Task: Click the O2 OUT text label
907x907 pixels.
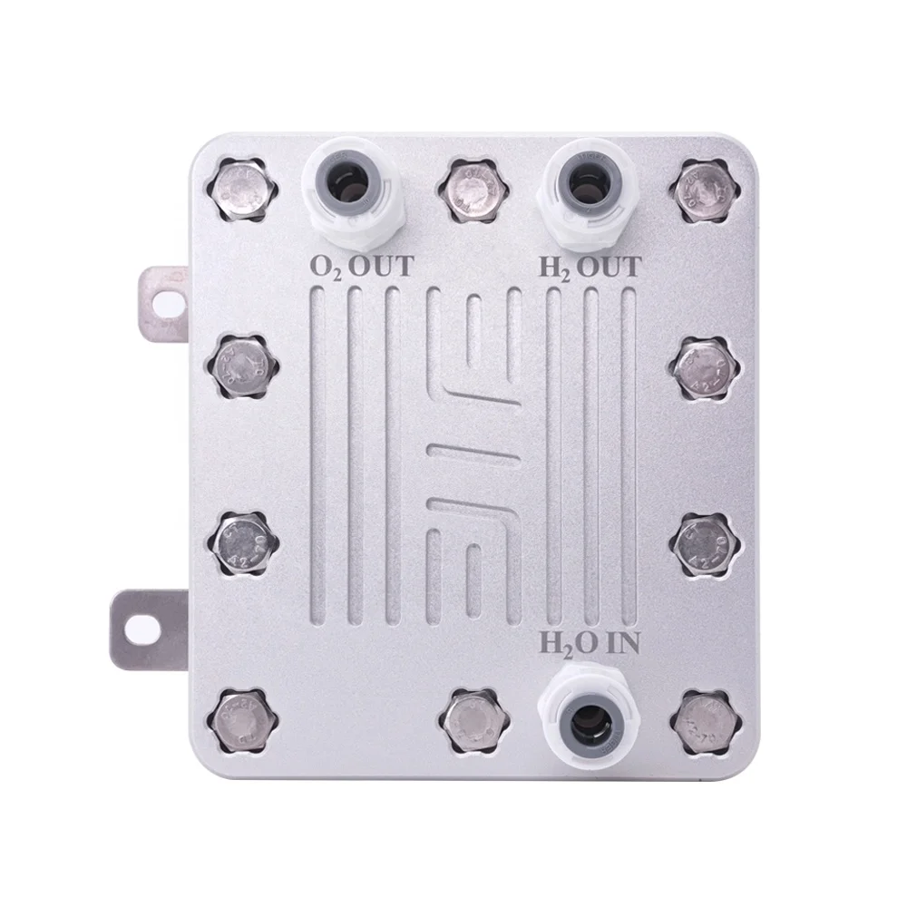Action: pyautogui.click(x=361, y=267)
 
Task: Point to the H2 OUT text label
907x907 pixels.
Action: pyautogui.click(x=590, y=267)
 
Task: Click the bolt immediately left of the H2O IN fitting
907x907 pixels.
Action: pyautogui.click(x=471, y=722)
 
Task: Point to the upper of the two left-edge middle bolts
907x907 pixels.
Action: pyautogui.click(x=242, y=366)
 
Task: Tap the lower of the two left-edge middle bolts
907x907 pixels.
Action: pyautogui.click(x=244, y=544)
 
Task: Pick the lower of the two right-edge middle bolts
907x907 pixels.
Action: pyautogui.click(x=706, y=544)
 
